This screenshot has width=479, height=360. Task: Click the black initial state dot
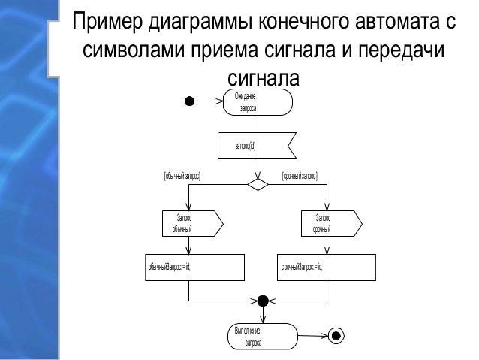click(191, 101)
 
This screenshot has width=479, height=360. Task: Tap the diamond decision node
click(258, 183)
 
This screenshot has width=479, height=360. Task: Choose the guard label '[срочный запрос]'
click(300, 175)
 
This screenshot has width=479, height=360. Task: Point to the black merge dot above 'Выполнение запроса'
click(262, 301)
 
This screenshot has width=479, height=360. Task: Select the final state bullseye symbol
click(336, 335)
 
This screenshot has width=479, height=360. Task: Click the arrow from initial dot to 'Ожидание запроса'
click(210, 101)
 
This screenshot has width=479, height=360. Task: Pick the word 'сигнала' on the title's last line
click(262, 79)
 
